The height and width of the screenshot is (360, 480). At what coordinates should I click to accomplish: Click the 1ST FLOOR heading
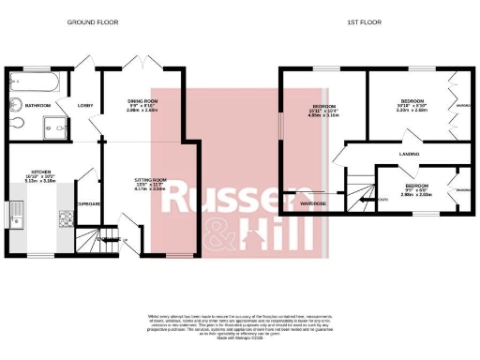[x=361, y=21]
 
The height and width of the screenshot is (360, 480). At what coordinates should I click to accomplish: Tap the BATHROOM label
[x=37, y=106]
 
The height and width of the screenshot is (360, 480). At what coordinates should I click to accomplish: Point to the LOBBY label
[x=84, y=106]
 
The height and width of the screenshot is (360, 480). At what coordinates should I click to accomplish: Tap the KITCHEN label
[x=40, y=172]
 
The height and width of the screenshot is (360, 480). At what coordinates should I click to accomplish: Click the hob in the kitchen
[x=66, y=219]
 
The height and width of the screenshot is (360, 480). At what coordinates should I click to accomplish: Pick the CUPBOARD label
[x=89, y=202]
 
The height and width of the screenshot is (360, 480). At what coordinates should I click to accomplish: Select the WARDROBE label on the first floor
[x=313, y=202]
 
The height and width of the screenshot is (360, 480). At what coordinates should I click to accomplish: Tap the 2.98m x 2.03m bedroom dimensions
[x=416, y=195]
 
